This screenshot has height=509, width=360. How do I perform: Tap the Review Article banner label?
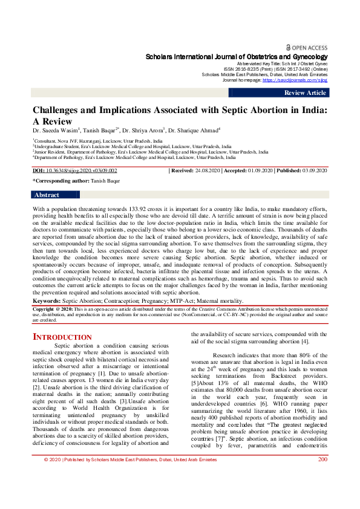[x=305, y=92]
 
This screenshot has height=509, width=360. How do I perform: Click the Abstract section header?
[x=47, y=195]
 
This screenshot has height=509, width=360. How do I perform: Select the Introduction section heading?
[x=62, y=337]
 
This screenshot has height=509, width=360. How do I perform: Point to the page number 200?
[x=322, y=493]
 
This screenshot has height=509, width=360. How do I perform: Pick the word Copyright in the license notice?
[x=46, y=308]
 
